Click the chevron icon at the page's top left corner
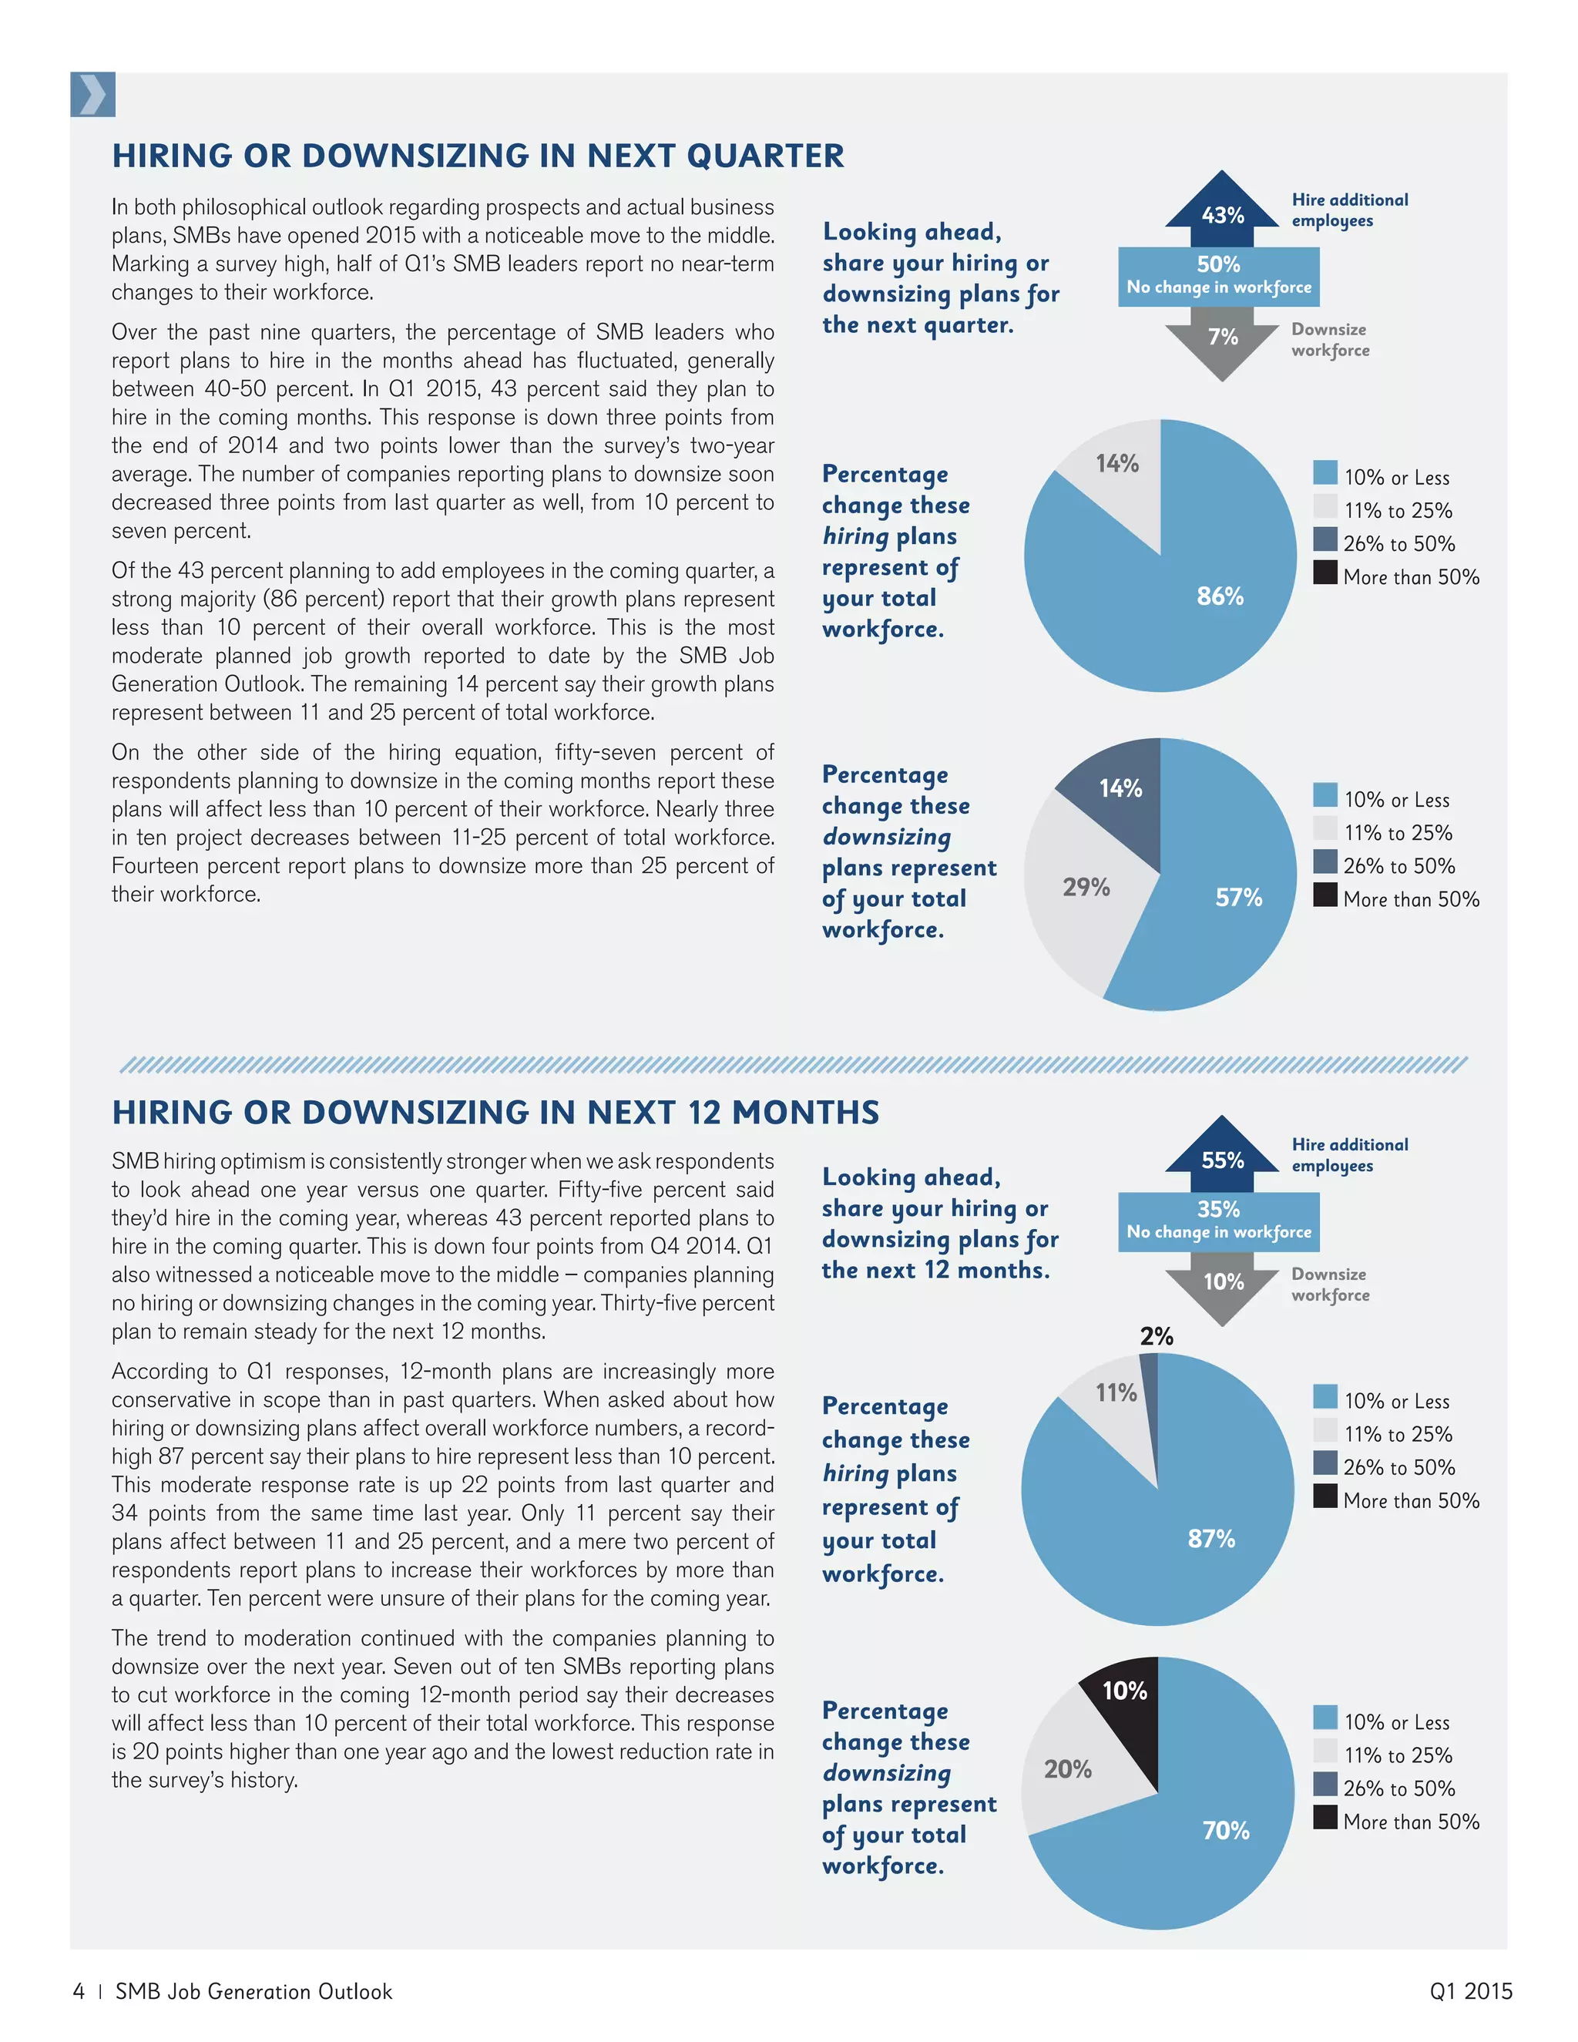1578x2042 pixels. coord(92,95)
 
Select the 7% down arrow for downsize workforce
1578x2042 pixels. coord(1222,342)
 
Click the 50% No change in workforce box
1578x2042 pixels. coord(1218,276)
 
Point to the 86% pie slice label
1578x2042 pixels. coord(1220,596)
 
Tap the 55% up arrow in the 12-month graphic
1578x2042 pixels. coord(1222,1156)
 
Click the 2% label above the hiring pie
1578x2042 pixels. coord(1157,1336)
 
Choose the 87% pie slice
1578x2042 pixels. coord(1210,1538)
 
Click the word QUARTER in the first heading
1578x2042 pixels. coord(764,155)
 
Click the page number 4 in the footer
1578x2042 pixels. coord(79,1990)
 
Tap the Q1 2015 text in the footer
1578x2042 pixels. coord(1469,1990)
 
